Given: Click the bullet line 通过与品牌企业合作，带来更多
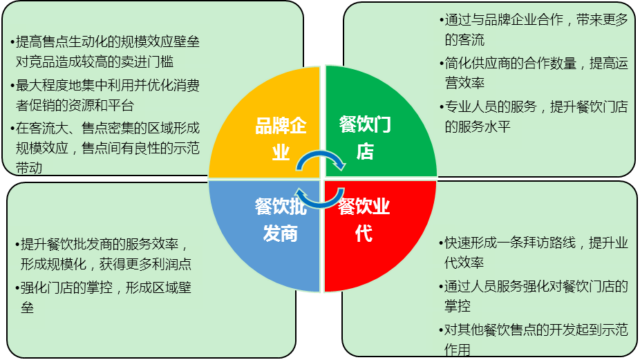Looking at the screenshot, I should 536,20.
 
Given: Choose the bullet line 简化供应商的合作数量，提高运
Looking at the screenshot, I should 536,64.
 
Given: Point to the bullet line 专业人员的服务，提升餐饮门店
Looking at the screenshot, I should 536,107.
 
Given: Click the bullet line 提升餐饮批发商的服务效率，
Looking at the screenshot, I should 104,244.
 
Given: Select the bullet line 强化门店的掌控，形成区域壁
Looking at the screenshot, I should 104,288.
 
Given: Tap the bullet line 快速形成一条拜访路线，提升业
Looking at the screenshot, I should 536,243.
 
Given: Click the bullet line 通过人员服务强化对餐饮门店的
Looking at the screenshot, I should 536,286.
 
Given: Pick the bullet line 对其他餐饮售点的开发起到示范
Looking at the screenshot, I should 536,330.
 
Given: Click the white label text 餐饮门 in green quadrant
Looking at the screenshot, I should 365,124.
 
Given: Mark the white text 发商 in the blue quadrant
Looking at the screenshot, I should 280,234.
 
